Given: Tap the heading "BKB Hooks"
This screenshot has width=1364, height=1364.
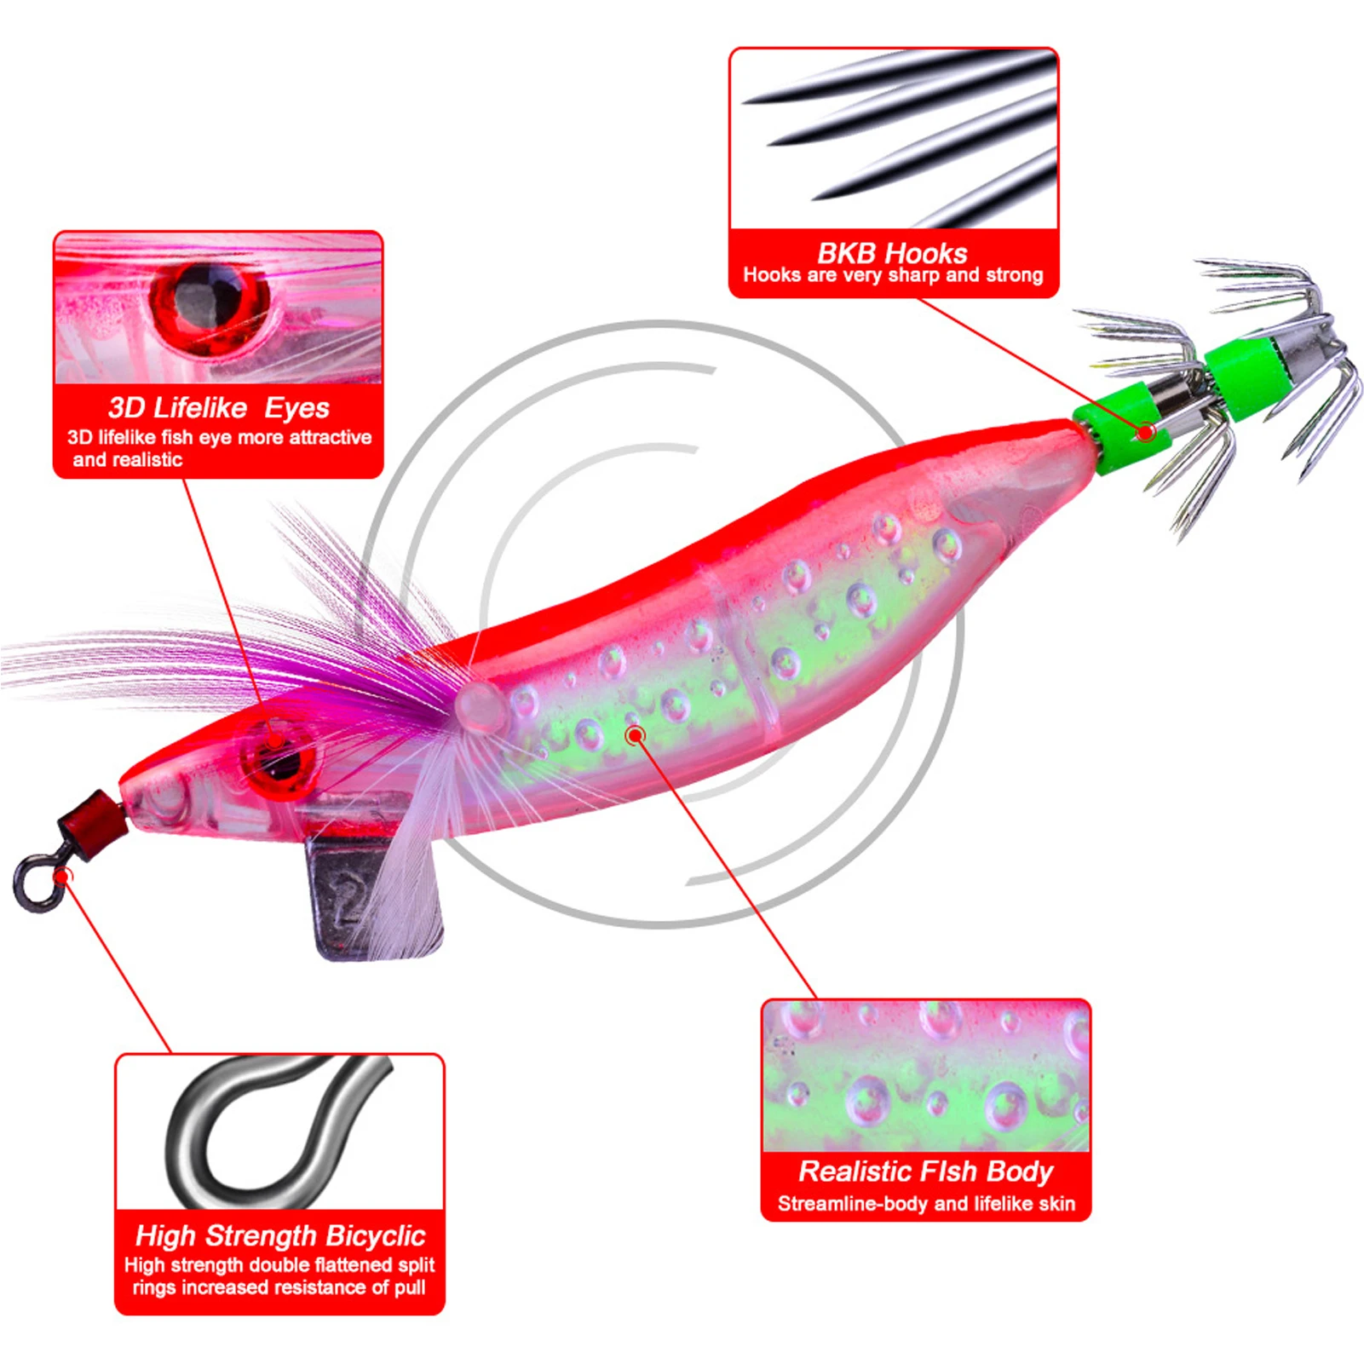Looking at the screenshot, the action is pos(892,253).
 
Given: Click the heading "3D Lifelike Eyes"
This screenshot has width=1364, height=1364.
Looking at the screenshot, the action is pos(219,408).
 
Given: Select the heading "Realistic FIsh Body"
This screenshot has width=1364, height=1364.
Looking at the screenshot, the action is pos(925,1171).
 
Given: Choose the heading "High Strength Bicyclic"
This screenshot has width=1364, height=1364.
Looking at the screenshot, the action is pos(280,1235).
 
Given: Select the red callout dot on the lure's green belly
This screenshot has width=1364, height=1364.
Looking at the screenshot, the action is pos(635,734).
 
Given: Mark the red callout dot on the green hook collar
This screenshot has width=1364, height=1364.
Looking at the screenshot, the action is pos(1146,431).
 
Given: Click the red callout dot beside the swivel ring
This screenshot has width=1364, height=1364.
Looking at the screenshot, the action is pos(62,877).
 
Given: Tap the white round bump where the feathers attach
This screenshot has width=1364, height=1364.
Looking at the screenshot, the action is pos(480,707).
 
